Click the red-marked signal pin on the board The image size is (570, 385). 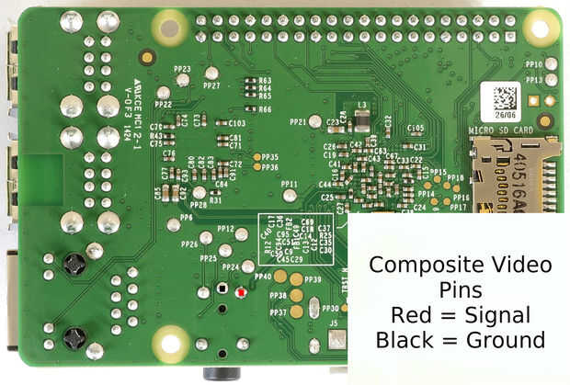click(x=240, y=292)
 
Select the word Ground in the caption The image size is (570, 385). click(x=501, y=340)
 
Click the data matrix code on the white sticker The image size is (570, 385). click(x=504, y=99)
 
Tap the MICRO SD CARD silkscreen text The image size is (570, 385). click(x=502, y=130)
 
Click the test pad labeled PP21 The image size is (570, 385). click(x=314, y=121)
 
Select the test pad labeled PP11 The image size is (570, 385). click(x=290, y=195)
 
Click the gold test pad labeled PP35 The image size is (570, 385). click(x=257, y=157)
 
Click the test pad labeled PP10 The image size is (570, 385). click(x=550, y=63)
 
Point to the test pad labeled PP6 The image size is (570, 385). click(x=173, y=224)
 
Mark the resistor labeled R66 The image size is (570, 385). click(x=250, y=109)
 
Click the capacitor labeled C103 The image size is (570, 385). click(x=222, y=122)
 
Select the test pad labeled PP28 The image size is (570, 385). click(x=199, y=191)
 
